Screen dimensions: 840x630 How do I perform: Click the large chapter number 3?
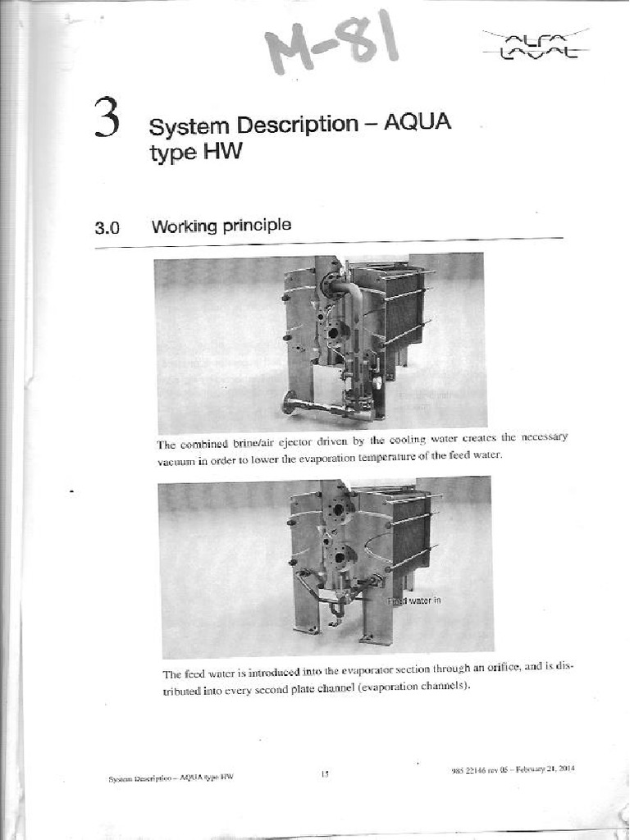[107, 118]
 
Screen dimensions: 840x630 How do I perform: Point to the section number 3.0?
[107, 228]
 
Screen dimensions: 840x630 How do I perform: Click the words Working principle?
[221, 225]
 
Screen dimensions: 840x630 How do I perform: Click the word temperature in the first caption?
[373, 456]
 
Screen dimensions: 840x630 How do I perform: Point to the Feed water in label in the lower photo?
[416, 600]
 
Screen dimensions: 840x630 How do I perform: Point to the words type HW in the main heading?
[195, 153]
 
